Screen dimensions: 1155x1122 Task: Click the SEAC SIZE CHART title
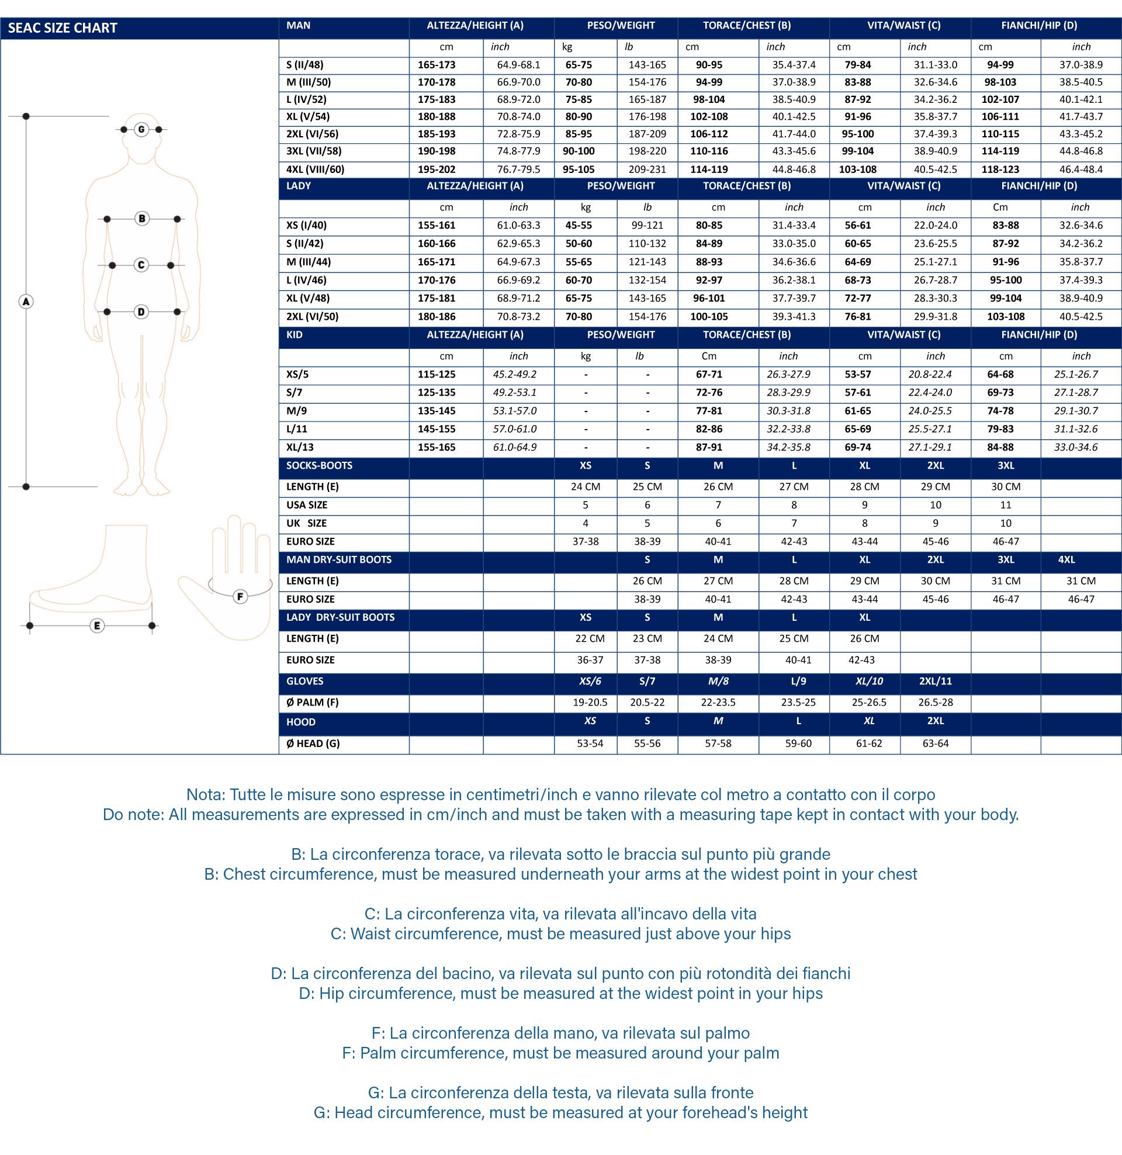click(x=63, y=27)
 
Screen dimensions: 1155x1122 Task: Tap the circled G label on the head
click(x=141, y=129)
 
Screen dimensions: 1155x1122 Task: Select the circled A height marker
click(x=26, y=302)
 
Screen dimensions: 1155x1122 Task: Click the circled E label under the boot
click(x=97, y=625)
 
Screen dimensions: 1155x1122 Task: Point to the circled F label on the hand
click(x=240, y=596)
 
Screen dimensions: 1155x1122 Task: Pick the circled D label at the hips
click(x=141, y=311)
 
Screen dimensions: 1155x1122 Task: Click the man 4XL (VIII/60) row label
click(x=314, y=169)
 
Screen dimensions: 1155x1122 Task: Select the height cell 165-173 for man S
click(x=437, y=65)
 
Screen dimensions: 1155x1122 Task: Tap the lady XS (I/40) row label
click(x=306, y=225)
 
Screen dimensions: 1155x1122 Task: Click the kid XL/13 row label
click(x=300, y=447)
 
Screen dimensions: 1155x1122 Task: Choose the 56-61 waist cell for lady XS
click(x=857, y=225)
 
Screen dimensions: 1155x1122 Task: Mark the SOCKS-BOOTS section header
click(x=319, y=465)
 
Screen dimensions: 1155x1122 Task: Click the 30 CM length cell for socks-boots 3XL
click(x=1005, y=487)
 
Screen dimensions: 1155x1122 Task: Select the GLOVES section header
click(x=304, y=681)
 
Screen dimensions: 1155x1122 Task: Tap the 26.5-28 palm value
click(x=935, y=703)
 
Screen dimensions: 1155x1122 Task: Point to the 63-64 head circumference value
click(x=935, y=744)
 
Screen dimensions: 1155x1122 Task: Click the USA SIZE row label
click(x=306, y=505)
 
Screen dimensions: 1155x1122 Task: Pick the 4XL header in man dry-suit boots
click(x=1066, y=560)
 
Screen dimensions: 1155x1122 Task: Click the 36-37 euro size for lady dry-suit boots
click(x=590, y=660)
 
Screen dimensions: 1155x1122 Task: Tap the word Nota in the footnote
click(x=205, y=794)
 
